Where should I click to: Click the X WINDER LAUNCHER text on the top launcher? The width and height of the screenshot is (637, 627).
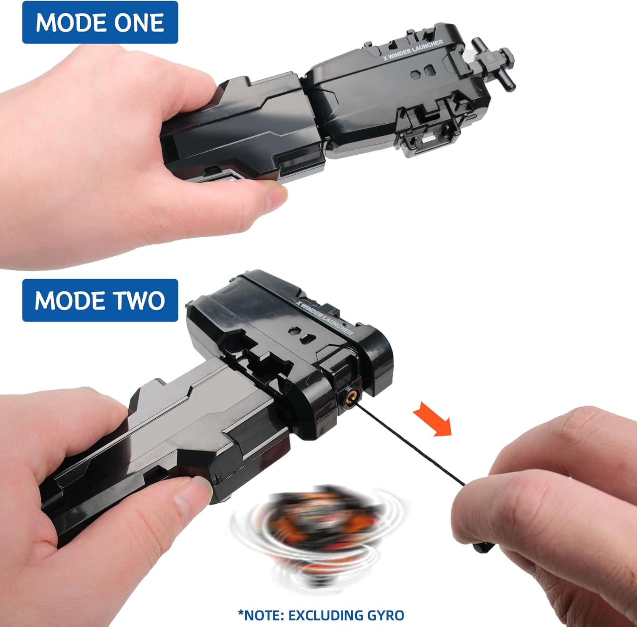click(x=413, y=50)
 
